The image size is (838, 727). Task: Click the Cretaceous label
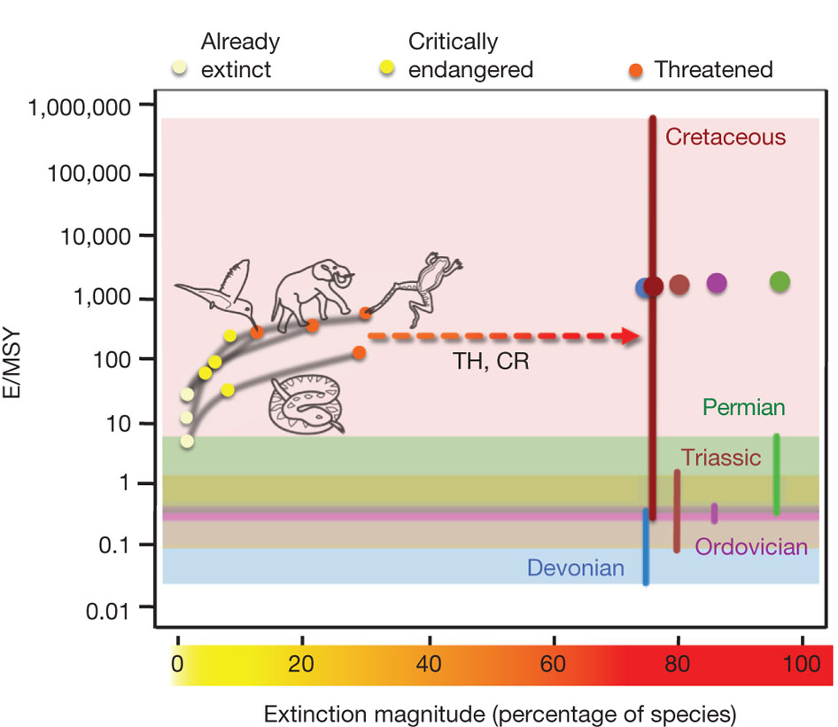coord(725,137)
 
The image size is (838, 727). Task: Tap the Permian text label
coord(744,408)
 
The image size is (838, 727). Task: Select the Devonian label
coord(576,567)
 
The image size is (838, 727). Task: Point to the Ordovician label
coord(751,547)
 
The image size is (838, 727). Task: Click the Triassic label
coord(721,457)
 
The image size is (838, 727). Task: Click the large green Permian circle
coord(780,282)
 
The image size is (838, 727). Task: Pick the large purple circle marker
coord(717,283)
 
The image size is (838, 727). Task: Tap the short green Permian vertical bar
coord(776,474)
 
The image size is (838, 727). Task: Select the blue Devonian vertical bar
coord(646,546)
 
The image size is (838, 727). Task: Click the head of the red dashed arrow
coord(632,336)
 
